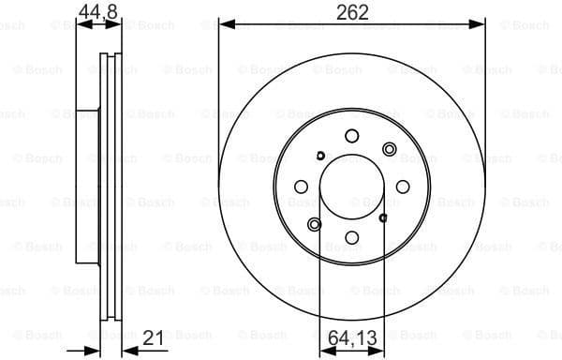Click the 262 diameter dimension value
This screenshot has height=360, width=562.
tap(352, 12)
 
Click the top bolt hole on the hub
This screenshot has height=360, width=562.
tap(352, 135)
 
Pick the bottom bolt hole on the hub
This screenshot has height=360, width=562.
tap(352, 238)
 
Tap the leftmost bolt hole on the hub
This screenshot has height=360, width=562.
tap(301, 187)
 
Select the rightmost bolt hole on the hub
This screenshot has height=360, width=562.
tap(404, 187)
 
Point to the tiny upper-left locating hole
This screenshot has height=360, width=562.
tap(320, 156)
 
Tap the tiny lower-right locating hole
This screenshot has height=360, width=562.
tap(383, 217)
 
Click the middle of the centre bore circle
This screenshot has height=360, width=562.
tap(352, 187)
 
